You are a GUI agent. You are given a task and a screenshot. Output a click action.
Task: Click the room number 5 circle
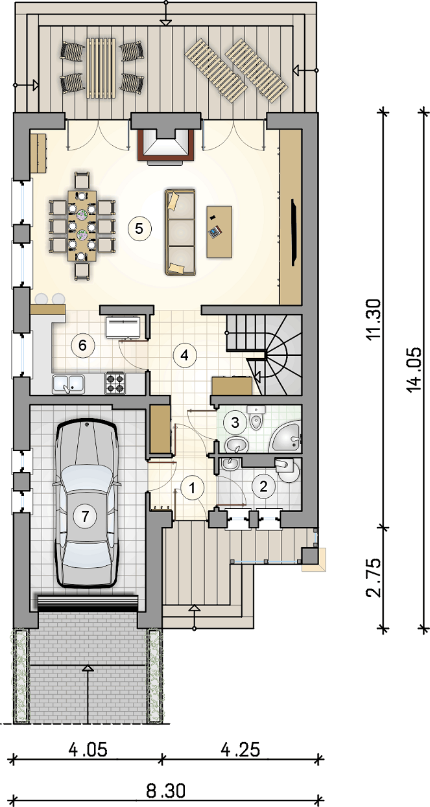[x=139, y=228]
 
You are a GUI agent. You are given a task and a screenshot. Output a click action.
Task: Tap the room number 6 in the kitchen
[x=82, y=345]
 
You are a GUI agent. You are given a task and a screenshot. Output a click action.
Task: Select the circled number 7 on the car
[x=85, y=517]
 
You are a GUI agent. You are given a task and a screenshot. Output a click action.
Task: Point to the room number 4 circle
[x=185, y=356]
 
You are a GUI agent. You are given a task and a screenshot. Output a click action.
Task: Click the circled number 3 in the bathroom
[x=235, y=422]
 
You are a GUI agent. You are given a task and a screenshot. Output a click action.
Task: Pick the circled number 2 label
[x=263, y=487]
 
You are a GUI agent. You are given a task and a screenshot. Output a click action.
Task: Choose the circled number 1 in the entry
[x=192, y=489]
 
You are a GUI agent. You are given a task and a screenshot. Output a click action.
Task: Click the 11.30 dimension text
[x=373, y=319]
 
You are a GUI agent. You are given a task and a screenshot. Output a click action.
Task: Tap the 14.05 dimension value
[x=413, y=369]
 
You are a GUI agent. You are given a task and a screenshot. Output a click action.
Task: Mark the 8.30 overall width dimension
[x=166, y=791]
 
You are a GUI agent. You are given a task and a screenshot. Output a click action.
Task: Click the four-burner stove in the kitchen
[x=115, y=384]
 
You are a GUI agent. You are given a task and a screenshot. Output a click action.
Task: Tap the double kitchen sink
[x=68, y=384]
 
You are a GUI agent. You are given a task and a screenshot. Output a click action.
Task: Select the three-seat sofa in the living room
[x=180, y=233]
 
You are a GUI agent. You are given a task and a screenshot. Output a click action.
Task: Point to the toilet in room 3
[x=256, y=418]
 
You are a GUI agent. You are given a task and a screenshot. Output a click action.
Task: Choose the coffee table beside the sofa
[x=219, y=231]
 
